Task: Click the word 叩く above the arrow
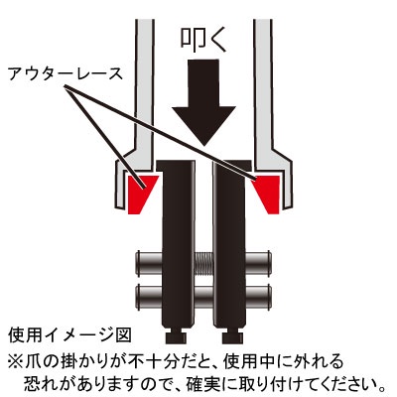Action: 203,39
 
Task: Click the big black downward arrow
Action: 203,102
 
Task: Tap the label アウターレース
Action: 66,73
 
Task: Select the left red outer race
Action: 140,194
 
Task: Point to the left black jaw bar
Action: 176,243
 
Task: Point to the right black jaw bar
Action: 231,243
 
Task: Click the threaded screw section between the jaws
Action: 204,264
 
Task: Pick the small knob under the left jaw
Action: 176,336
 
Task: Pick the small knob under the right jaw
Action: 232,336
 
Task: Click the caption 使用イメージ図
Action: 69,335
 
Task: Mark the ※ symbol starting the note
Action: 16,361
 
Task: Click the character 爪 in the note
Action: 34,361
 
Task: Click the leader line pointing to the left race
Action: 105,138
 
